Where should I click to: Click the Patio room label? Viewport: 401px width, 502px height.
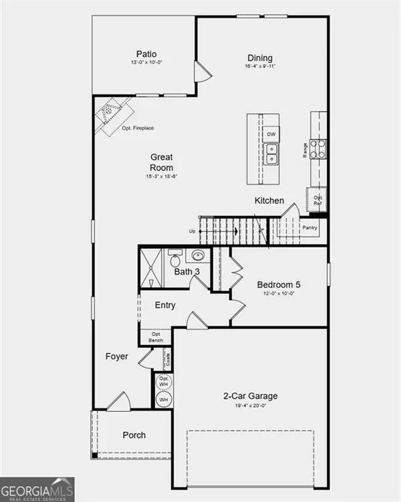pyautogui.click(x=146, y=54)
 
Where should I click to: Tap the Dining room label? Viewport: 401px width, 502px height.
pyautogui.click(x=259, y=57)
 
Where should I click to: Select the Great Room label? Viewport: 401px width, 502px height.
pyautogui.click(x=161, y=163)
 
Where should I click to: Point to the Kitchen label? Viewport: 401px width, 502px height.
pyautogui.click(x=269, y=201)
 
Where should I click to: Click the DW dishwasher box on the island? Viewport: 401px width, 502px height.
pyautogui.click(x=271, y=134)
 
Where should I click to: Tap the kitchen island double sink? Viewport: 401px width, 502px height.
pyautogui.click(x=271, y=156)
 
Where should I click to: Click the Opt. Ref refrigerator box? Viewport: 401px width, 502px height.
pyautogui.click(x=317, y=199)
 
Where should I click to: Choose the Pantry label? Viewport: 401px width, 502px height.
pyautogui.click(x=309, y=227)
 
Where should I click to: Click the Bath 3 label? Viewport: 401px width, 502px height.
pyautogui.click(x=187, y=272)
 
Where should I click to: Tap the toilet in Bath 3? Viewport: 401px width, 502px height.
pyautogui.click(x=175, y=257)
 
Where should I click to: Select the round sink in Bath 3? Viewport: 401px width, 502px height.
pyautogui.click(x=198, y=255)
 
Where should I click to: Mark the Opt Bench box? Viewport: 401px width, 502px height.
pyautogui.click(x=156, y=337)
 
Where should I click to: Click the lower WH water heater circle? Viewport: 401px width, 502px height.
pyautogui.click(x=163, y=400)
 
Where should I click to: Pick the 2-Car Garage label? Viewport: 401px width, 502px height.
pyautogui.click(x=251, y=396)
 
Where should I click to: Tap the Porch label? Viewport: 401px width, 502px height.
pyautogui.click(x=134, y=435)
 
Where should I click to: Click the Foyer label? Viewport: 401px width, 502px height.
pyautogui.click(x=116, y=356)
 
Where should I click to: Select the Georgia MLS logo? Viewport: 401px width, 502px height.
pyautogui.click(x=37, y=489)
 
